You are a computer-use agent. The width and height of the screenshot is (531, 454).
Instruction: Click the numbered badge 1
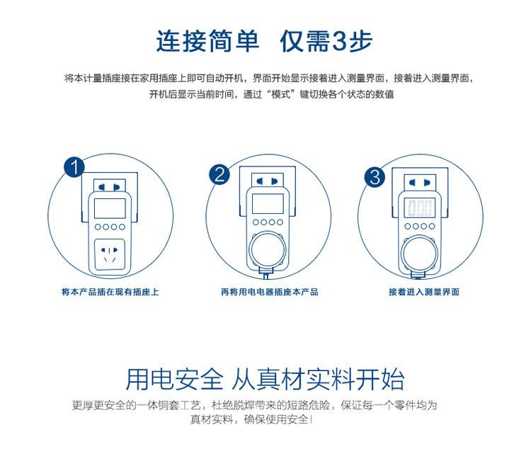(x=74, y=167)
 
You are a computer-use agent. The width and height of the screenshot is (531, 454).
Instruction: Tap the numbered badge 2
(x=219, y=174)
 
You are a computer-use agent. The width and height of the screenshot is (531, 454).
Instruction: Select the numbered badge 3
(x=375, y=177)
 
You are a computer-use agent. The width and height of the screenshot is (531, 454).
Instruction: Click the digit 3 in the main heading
(x=338, y=41)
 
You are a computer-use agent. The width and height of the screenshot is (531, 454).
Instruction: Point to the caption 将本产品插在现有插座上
(x=110, y=292)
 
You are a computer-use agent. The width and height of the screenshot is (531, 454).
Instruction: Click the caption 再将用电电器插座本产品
(x=269, y=292)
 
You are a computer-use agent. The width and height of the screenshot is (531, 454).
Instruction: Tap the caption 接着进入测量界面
(x=424, y=292)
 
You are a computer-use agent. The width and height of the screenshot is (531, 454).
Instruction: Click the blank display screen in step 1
(x=110, y=208)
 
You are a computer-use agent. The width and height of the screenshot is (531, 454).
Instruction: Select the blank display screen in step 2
(x=268, y=203)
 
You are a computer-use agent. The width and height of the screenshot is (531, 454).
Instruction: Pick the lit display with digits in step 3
(x=420, y=208)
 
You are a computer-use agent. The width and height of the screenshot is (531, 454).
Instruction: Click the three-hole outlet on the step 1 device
(x=110, y=255)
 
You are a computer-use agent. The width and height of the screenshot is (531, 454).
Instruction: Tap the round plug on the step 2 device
(x=268, y=251)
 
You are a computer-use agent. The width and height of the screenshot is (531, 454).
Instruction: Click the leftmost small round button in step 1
(x=98, y=227)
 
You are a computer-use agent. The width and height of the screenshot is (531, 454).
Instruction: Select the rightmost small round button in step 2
(x=280, y=222)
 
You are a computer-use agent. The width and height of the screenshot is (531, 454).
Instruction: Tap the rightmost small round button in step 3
(x=432, y=226)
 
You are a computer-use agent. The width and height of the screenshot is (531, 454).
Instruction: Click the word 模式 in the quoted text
(x=282, y=94)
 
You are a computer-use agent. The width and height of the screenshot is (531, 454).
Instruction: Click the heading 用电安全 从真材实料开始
(x=265, y=379)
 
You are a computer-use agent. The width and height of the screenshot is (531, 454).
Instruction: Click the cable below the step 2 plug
(x=266, y=274)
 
